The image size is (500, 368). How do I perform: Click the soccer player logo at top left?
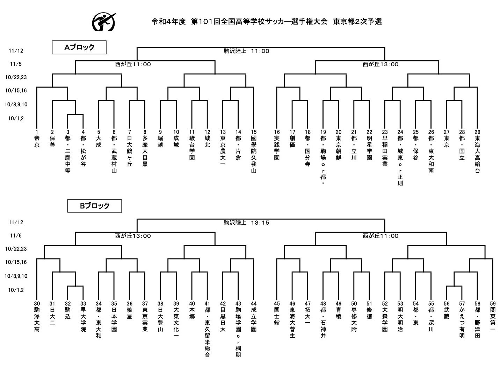coord(104,22)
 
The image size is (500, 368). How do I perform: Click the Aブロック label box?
coord(79,47)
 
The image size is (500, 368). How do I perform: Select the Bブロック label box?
coord(95,206)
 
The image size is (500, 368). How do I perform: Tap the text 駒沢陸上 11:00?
coord(246,51)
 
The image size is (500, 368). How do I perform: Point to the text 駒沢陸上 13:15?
coord(246,223)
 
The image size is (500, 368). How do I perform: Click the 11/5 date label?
coord(16,64)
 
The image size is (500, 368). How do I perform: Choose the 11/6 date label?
coord(16,235)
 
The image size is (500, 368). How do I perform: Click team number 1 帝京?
coord(37,138)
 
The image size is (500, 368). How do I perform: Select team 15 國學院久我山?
coord(254,151)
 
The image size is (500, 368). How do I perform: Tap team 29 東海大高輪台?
coord(477,151)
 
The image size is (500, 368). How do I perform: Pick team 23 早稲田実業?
coord(385,148)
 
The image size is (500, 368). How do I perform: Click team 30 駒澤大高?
coord(37,316)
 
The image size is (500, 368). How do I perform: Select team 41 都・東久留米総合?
coord(207,329)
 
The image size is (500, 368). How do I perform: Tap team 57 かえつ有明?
coord(462,320)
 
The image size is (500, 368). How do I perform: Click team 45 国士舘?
coord(277,313)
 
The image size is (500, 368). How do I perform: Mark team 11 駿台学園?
coord(192,145)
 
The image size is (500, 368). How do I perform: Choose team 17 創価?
coord(292,138)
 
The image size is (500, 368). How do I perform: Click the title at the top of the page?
coord(267,22)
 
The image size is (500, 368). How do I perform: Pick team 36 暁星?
coord(130,310)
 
